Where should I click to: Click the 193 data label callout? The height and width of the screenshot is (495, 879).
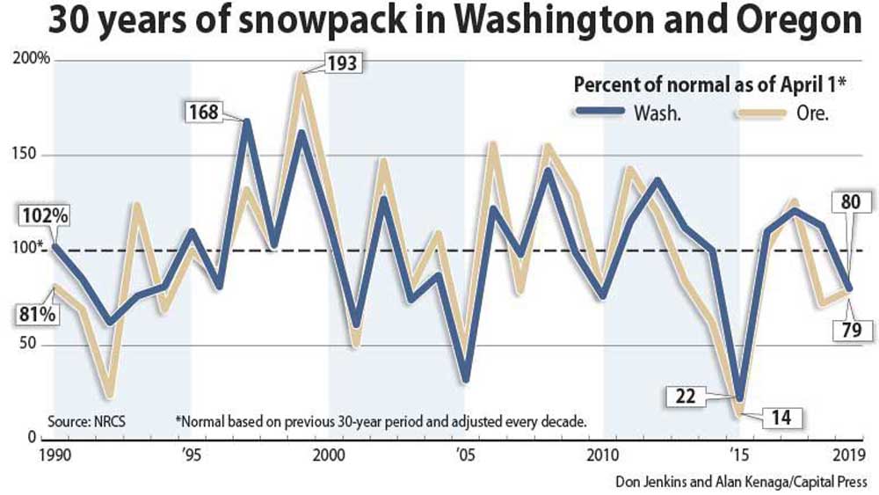[x=338, y=64]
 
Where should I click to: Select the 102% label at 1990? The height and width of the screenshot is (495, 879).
[x=29, y=216]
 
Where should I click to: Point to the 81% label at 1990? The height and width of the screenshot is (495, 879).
[x=28, y=313]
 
